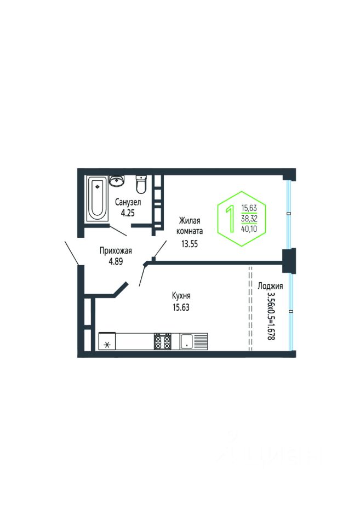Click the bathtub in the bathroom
coord(98,198)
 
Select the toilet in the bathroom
coord(141,184)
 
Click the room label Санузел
coord(128,202)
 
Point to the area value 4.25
coord(128,213)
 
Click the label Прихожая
coord(116,250)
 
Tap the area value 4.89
coord(116,261)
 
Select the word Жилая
coord(190,220)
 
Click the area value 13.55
coord(190,244)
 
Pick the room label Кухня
coord(181,295)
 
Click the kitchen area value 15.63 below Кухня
coord(181,307)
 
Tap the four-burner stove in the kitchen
coord(162,341)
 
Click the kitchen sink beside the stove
coord(193,341)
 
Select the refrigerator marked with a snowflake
coord(107,341)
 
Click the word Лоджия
coord(270,286)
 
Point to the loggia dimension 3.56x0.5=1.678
coord(271,316)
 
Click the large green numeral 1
coord(231,219)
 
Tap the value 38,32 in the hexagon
coord(249,219)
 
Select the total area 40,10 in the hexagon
coord(249,230)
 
